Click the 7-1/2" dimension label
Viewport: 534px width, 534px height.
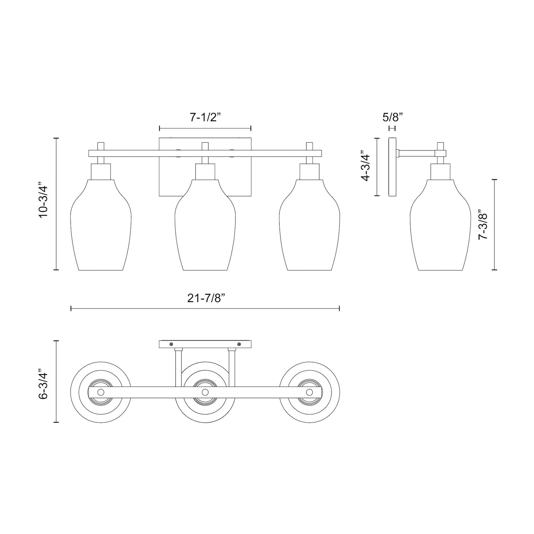tap(205, 118)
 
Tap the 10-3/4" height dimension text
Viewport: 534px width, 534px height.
tap(44, 204)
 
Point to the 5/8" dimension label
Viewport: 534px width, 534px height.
tap(392, 118)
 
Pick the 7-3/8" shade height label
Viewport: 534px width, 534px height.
tap(483, 226)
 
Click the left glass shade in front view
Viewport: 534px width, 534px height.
tap(101, 229)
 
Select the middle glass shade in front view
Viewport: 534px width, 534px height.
tap(205, 229)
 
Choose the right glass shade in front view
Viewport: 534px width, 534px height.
tap(310, 229)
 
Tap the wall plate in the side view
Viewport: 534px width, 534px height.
tap(392, 167)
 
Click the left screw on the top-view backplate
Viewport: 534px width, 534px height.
tap(171, 344)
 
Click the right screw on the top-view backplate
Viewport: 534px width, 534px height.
tap(239, 344)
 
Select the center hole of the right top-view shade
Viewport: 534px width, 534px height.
tap(310, 392)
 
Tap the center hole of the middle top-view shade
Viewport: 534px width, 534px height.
tap(205, 392)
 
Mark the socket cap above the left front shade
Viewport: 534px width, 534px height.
tap(101, 171)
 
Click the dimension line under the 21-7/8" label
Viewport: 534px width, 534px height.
tap(205, 308)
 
